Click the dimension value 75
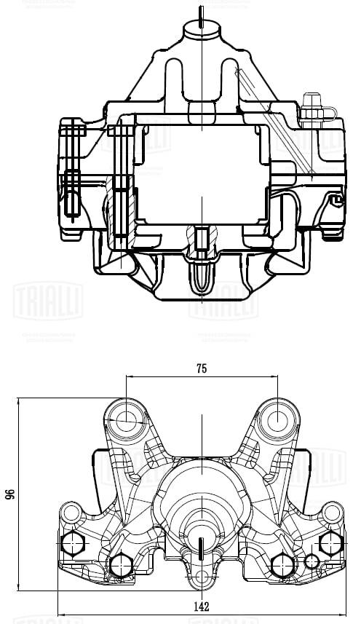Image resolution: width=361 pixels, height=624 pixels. (202, 368)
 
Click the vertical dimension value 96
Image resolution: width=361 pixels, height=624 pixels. (9, 494)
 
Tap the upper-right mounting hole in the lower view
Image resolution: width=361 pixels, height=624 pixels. (278, 419)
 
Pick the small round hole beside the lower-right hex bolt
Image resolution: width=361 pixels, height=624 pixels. (312, 562)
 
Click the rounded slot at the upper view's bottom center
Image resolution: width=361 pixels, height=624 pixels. (201, 277)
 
